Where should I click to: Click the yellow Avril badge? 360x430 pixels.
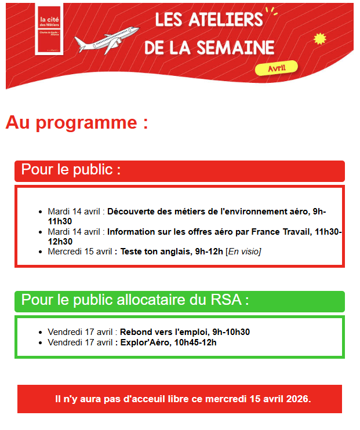tap(276, 68)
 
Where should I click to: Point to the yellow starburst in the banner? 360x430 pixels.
tap(319, 39)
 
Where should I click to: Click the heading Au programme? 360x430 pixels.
tap(77, 123)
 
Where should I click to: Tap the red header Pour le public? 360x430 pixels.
tap(71, 170)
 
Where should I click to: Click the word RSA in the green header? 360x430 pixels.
tap(227, 300)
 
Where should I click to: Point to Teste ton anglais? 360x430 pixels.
tap(154, 252)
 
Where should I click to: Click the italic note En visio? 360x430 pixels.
tap(243, 252)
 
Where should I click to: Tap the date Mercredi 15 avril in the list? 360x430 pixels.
tap(80, 252)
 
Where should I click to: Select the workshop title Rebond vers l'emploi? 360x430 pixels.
tap(163, 332)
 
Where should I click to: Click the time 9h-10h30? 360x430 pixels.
tap(231, 332)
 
